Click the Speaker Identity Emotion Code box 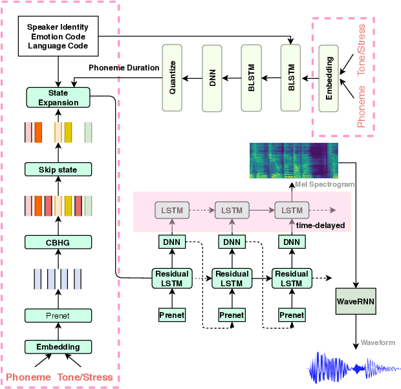click(x=58, y=37)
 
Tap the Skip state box click(x=58, y=170)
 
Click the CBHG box click(x=58, y=242)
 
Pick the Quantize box click(x=173, y=78)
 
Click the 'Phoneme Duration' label click(x=124, y=68)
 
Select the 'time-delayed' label click(x=320, y=226)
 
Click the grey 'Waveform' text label click(x=378, y=342)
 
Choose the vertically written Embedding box click(x=329, y=78)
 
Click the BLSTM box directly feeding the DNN click(x=251, y=78)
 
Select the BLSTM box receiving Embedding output click(x=291, y=78)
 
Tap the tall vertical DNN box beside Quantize click(x=212, y=78)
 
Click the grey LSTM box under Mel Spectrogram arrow click(x=292, y=211)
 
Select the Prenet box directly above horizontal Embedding click(x=58, y=316)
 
